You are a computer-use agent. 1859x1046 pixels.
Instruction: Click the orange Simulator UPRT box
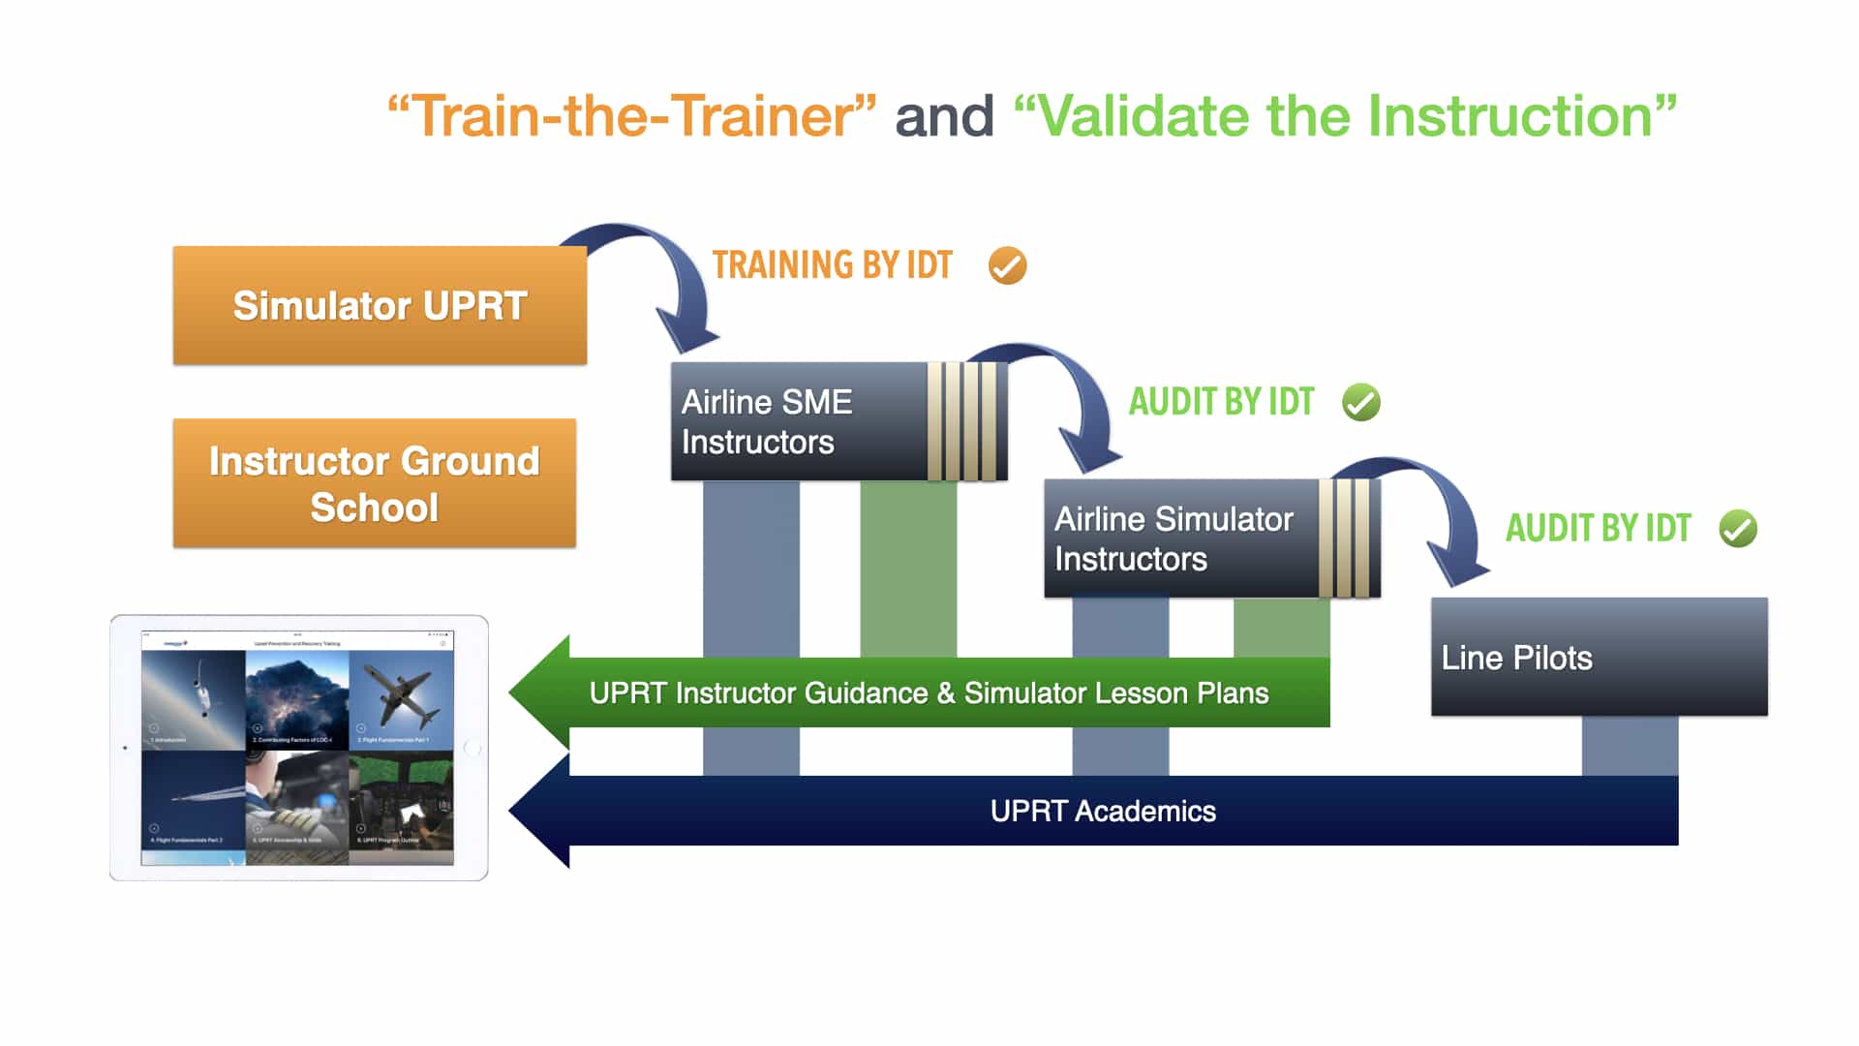(x=380, y=305)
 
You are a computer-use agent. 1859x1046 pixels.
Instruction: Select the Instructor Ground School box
(x=374, y=483)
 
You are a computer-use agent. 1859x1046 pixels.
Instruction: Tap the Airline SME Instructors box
(x=794, y=422)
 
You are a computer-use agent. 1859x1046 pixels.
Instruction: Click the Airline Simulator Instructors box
(x=1176, y=538)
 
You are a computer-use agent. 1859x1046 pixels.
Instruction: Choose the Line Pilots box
(x=1598, y=658)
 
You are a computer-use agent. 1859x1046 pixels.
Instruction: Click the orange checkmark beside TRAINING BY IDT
(x=1007, y=265)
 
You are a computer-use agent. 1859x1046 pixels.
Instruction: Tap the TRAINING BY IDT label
(x=832, y=265)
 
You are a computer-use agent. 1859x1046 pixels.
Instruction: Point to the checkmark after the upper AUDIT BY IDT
(x=1360, y=402)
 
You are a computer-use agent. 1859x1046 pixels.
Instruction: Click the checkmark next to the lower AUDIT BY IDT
(x=1737, y=529)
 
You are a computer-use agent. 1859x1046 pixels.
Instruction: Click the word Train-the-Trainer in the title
(x=631, y=116)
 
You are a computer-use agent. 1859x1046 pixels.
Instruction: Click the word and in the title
(x=944, y=116)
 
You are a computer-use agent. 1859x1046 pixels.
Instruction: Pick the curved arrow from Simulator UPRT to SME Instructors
(x=668, y=271)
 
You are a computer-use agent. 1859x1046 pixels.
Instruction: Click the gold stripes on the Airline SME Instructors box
(x=964, y=422)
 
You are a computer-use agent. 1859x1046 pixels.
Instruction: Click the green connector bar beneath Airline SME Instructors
(x=908, y=567)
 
